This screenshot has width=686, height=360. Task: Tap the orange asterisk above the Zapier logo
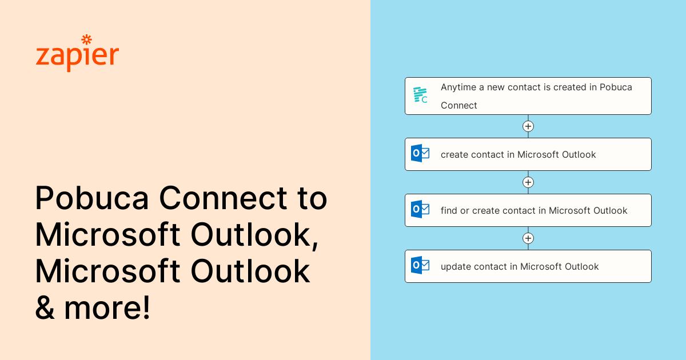[x=87, y=39]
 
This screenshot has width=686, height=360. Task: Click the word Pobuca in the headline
[x=92, y=199]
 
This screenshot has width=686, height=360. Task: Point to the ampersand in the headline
[x=45, y=308]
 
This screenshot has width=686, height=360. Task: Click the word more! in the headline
[x=107, y=308]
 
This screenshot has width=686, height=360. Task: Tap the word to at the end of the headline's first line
[x=312, y=199]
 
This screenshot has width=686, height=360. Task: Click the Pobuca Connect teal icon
[x=420, y=95]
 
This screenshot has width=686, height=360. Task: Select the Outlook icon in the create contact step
[x=420, y=154]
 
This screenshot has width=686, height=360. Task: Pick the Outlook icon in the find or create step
[x=420, y=210]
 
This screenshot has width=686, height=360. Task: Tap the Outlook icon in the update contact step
[x=420, y=266]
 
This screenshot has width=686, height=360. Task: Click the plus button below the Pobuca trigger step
[x=528, y=126]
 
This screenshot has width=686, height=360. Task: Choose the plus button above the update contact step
[x=528, y=238]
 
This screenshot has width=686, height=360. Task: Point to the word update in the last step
[x=454, y=266]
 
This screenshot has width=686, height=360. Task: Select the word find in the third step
[x=449, y=210]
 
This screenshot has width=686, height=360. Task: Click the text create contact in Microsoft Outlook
[x=518, y=154]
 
